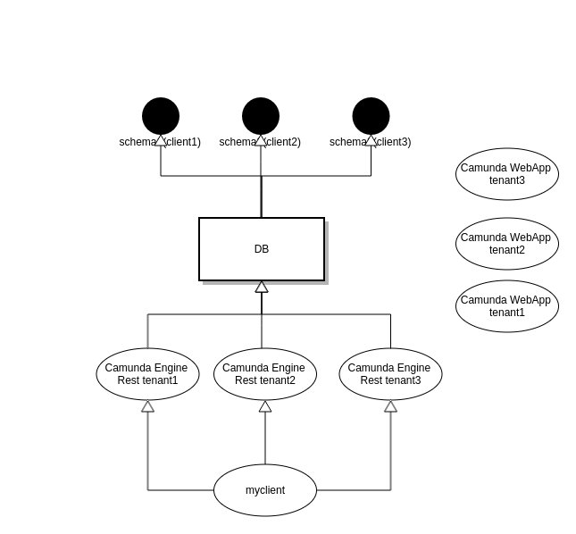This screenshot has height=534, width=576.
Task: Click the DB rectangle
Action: click(x=261, y=249)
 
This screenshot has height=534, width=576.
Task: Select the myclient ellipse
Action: click(x=265, y=490)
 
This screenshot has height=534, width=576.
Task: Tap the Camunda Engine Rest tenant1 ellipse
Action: click(x=147, y=374)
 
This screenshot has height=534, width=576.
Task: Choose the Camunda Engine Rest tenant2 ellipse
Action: click(x=265, y=374)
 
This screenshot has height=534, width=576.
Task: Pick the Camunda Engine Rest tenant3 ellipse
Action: click(x=390, y=374)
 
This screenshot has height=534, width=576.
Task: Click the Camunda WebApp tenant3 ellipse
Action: click(x=507, y=174)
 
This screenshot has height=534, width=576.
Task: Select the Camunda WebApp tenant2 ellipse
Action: click(x=507, y=244)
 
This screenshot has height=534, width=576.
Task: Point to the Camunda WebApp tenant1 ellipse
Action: click(x=507, y=306)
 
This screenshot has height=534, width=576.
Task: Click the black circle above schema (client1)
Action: click(x=161, y=116)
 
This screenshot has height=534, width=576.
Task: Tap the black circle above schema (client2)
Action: click(x=261, y=116)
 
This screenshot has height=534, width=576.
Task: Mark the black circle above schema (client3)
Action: click(x=371, y=116)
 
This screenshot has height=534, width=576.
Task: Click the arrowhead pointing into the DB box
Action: click(x=262, y=287)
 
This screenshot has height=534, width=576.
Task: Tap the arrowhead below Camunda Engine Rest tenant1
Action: click(x=147, y=406)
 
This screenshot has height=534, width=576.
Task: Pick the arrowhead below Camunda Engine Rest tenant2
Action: click(x=265, y=406)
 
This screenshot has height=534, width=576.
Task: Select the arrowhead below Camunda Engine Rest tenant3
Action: click(x=390, y=406)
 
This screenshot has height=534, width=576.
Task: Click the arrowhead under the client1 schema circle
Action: click(x=161, y=140)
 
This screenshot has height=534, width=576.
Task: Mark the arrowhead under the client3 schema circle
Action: click(x=371, y=140)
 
